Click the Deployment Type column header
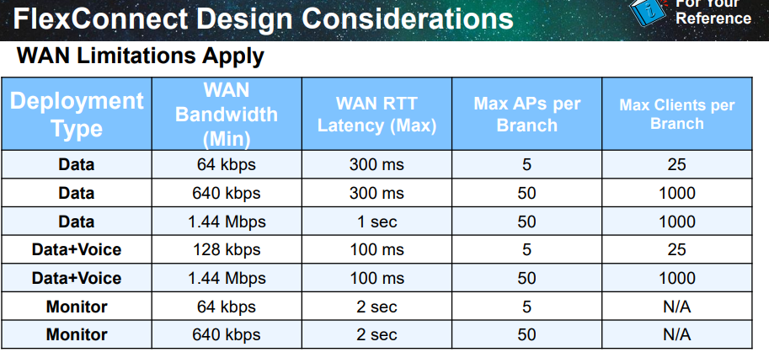pos(77,115)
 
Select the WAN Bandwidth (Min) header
pos(227,115)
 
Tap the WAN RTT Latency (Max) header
pos(376,115)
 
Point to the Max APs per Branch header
pos(526,115)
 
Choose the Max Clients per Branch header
pos(677,114)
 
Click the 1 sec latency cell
pos(376,222)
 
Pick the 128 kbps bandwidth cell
pos(227,249)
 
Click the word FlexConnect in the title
pos(99,19)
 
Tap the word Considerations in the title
pos(408,19)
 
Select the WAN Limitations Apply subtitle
pos(141,56)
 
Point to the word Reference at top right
pos(713,19)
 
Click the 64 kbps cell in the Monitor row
pos(227,307)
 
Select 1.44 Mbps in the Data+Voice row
pos(227,278)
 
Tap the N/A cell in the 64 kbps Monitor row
pos(677,307)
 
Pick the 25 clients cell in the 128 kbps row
pos(677,249)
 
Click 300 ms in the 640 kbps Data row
pos(376,193)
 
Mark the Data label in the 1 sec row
pos(77,222)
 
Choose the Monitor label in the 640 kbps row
pos(77,335)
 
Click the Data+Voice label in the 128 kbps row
pos(77,249)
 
